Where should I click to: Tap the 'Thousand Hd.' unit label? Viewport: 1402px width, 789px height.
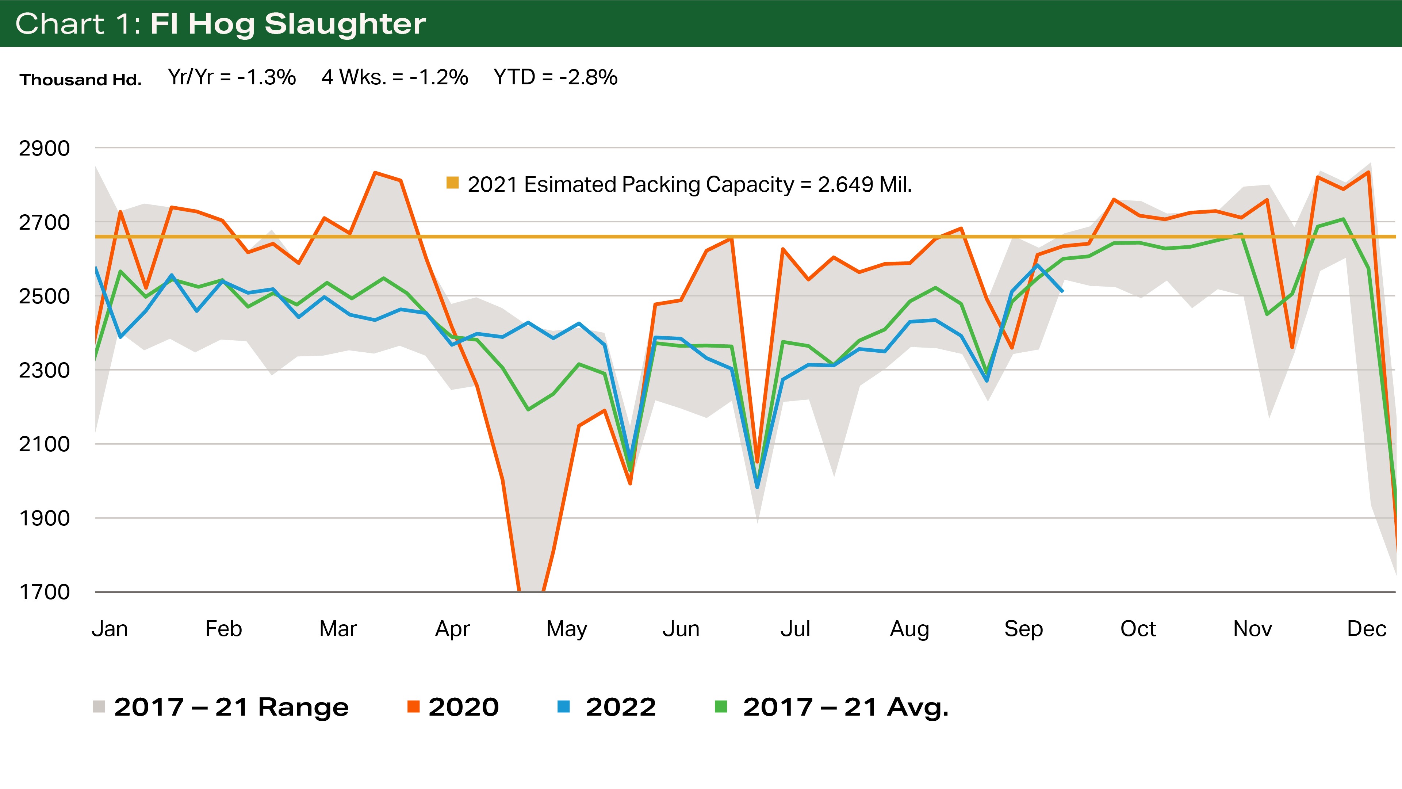click(81, 80)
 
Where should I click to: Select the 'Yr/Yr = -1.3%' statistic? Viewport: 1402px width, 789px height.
click(232, 77)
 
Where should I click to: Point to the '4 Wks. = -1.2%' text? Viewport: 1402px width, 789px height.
click(395, 77)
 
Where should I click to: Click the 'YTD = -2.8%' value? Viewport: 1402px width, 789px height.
click(555, 77)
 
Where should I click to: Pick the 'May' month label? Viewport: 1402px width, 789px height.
click(567, 629)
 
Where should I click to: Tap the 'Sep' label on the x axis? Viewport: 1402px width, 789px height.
click(1023, 629)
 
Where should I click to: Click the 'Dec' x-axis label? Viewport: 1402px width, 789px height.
click(1366, 629)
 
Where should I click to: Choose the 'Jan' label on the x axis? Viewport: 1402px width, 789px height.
click(110, 629)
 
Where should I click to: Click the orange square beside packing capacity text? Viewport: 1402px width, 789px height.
click(452, 183)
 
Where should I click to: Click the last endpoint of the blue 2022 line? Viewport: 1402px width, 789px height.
click(1062, 291)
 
